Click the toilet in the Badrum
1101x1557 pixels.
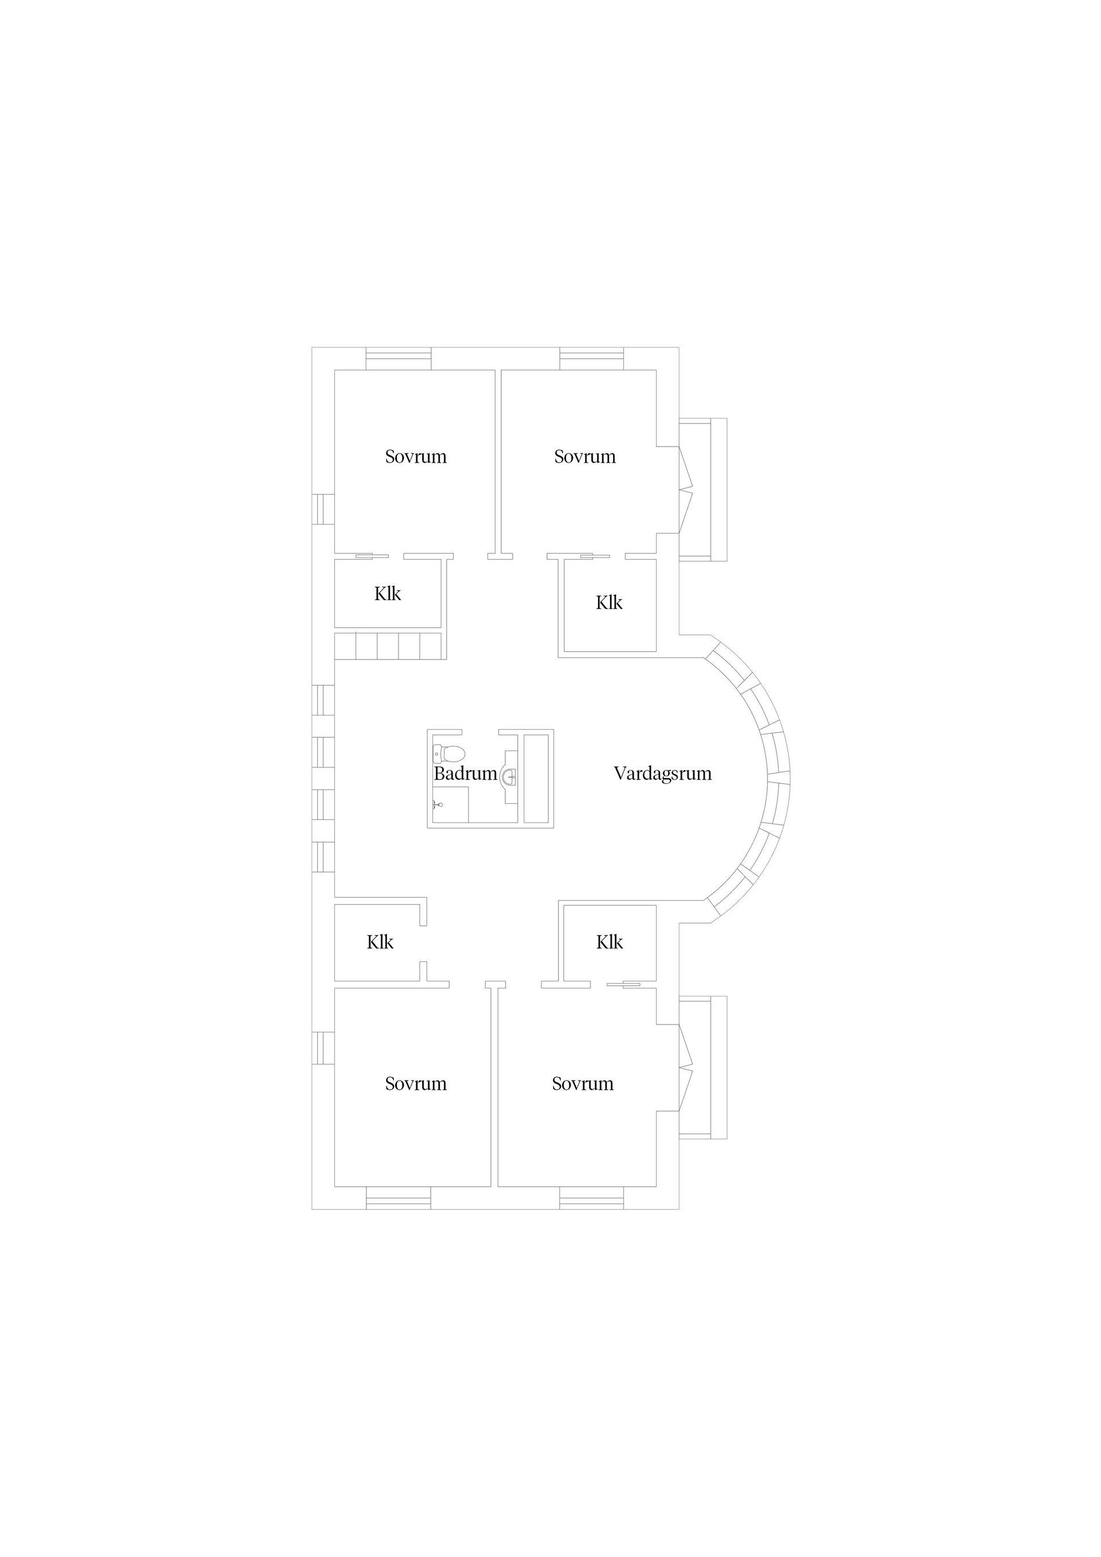tap(448, 753)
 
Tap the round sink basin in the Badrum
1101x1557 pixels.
tap(509, 776)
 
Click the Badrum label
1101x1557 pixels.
tap(466, 774)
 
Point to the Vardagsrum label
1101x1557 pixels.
tap(662, 774)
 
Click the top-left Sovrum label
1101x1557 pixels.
tap(416, 456)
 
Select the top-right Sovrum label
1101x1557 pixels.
tap(585, 456)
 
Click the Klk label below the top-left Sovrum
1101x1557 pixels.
tap(387, 594)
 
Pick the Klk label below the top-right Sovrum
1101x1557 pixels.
tap(609, 603)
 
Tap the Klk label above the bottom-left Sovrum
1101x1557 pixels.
tap(380, 942)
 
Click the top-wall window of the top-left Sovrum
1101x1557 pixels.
tap(398, 358)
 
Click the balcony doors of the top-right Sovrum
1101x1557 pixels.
tap(685, 490)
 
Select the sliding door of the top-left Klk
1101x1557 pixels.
tap(372, 556)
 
